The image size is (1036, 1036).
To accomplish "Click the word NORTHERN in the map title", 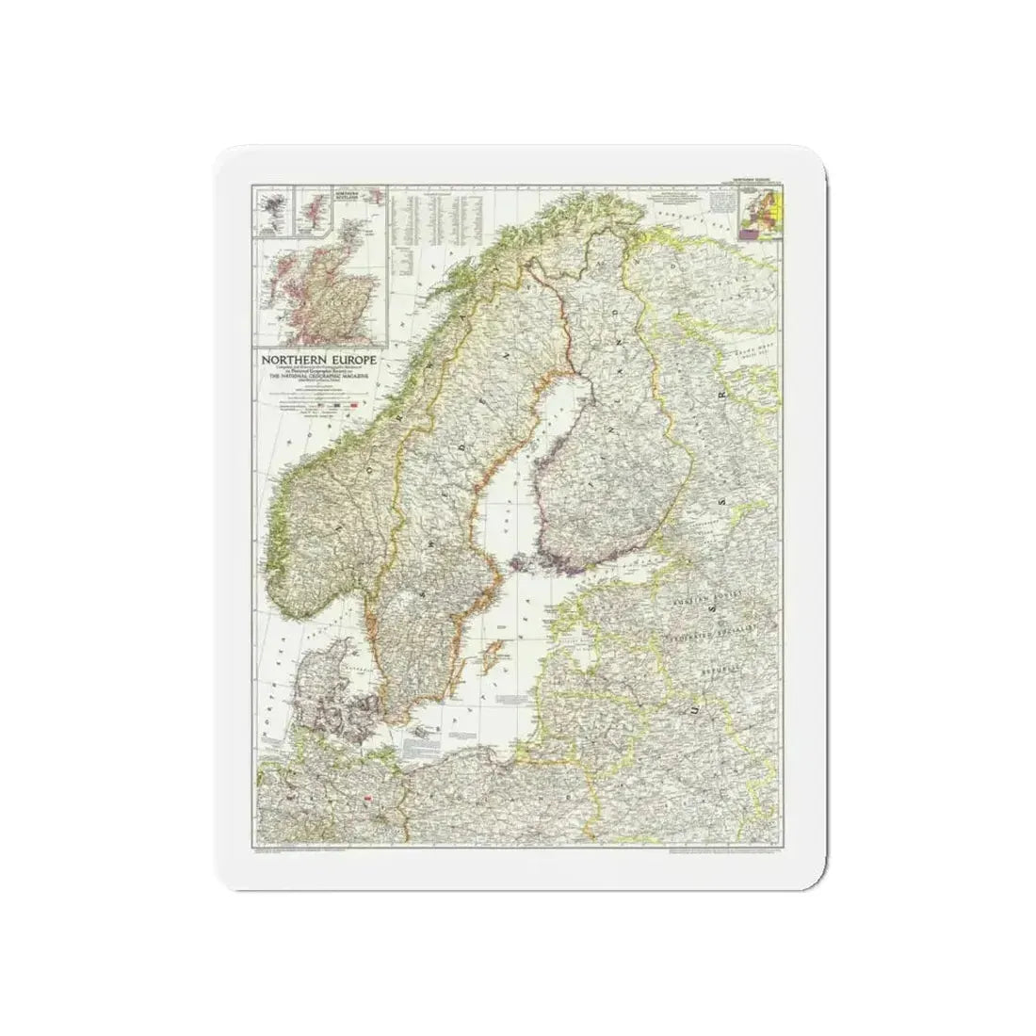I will pos(288,359).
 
